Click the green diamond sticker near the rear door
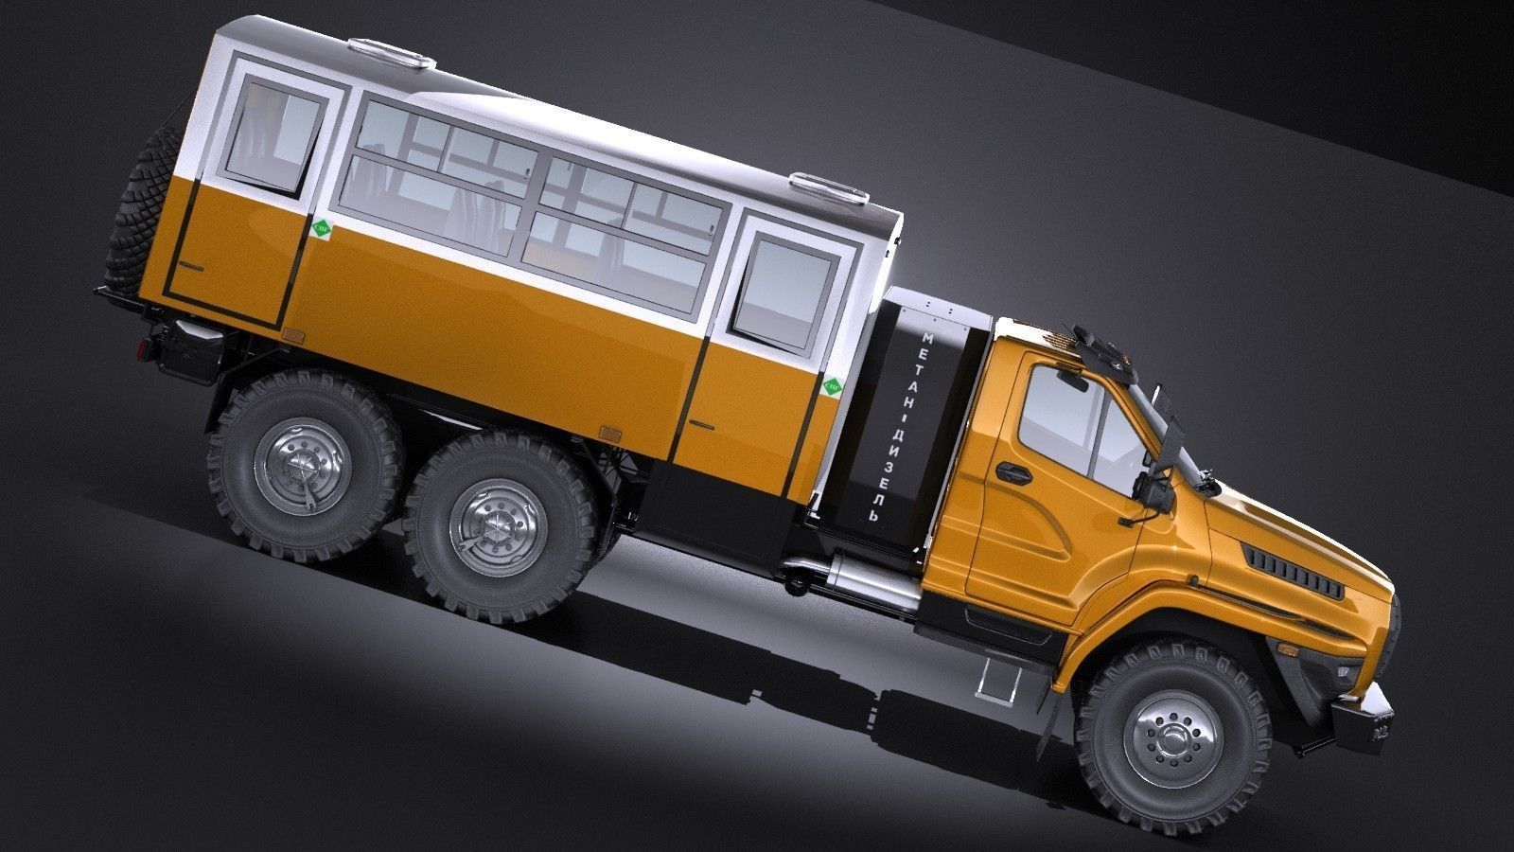coord(322,229)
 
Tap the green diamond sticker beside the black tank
coord(833,386)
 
